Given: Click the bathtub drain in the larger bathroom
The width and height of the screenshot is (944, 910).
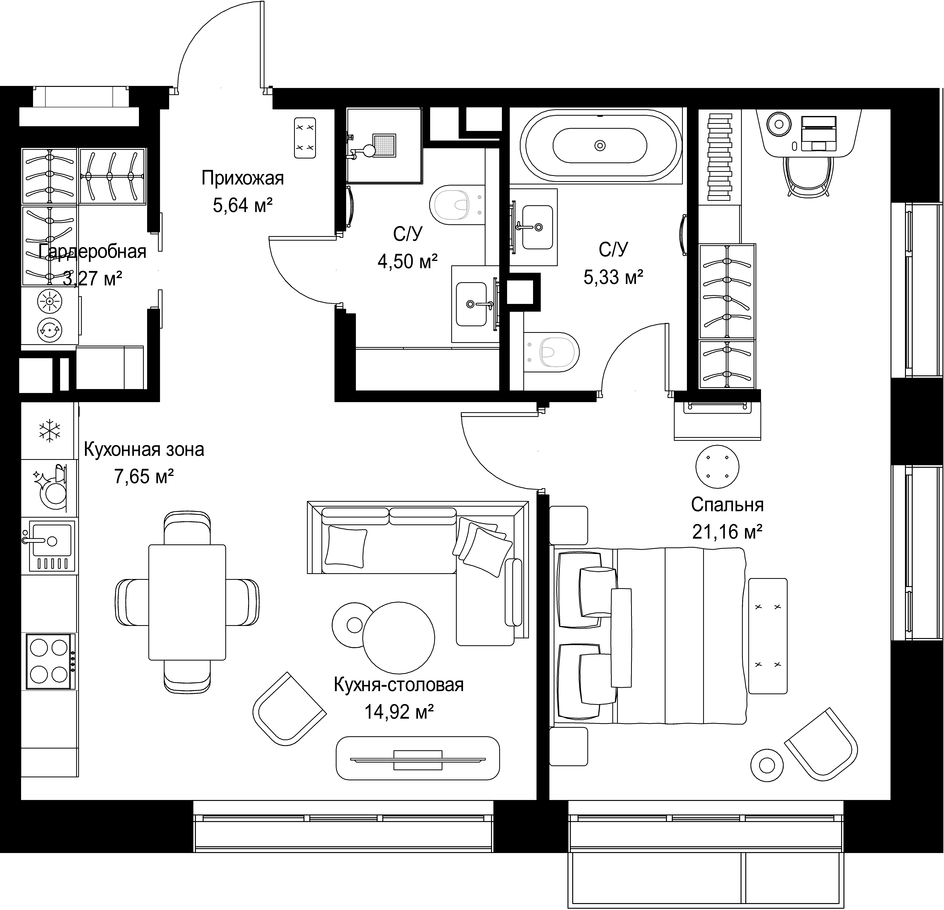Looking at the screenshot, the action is click(x=600, y=145).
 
